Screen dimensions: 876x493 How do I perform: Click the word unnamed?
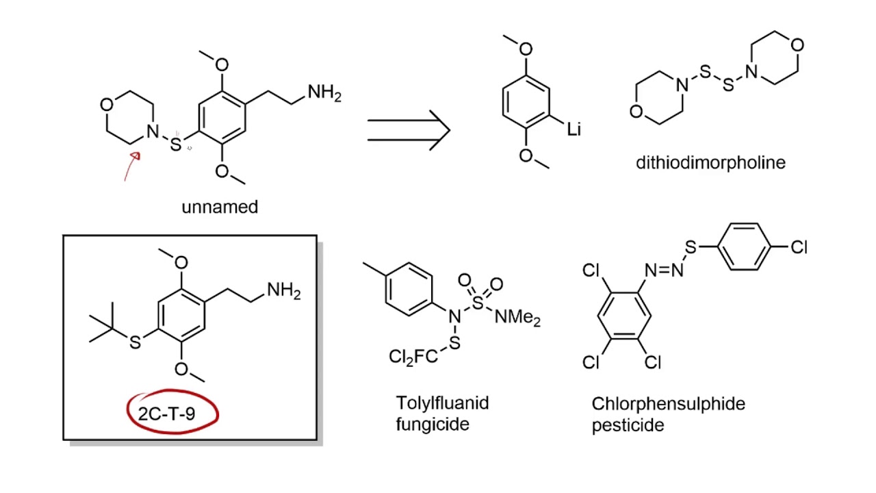tap(220, 207)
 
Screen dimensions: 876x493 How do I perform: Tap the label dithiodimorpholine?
tap(710, 162)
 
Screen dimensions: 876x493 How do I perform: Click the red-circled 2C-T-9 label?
tap(166, 414)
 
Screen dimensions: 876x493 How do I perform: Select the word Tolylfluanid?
tap(442, 403)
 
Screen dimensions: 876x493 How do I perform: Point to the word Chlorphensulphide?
tap(669, 404)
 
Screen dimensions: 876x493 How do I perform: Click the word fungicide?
tap(433, 424)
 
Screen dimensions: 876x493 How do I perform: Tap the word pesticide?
tap(628, 425)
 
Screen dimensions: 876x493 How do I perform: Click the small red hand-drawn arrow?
tap(131, 166)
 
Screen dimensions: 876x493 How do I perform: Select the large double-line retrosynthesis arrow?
tap(409, 130)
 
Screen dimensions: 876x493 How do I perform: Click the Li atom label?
tap(574, 129)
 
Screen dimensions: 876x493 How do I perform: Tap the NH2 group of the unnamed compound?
tap(324, 92)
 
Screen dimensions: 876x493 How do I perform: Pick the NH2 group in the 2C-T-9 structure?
tap(284, 291)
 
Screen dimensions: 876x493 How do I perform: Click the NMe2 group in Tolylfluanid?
tap(517, 317)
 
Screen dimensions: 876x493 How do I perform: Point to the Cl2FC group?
tap(413, 357)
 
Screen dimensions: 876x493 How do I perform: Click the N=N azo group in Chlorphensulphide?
tap(664, 270)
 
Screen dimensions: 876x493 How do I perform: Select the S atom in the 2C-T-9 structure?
tap(135, 342)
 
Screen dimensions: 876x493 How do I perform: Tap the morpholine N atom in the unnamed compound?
tap(153, 131)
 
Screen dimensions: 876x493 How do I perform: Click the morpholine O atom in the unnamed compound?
tap(106, 105)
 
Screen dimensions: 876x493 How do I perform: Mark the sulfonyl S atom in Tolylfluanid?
tap(478, 303)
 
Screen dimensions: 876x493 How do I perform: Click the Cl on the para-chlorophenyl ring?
tap(799, 247)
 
